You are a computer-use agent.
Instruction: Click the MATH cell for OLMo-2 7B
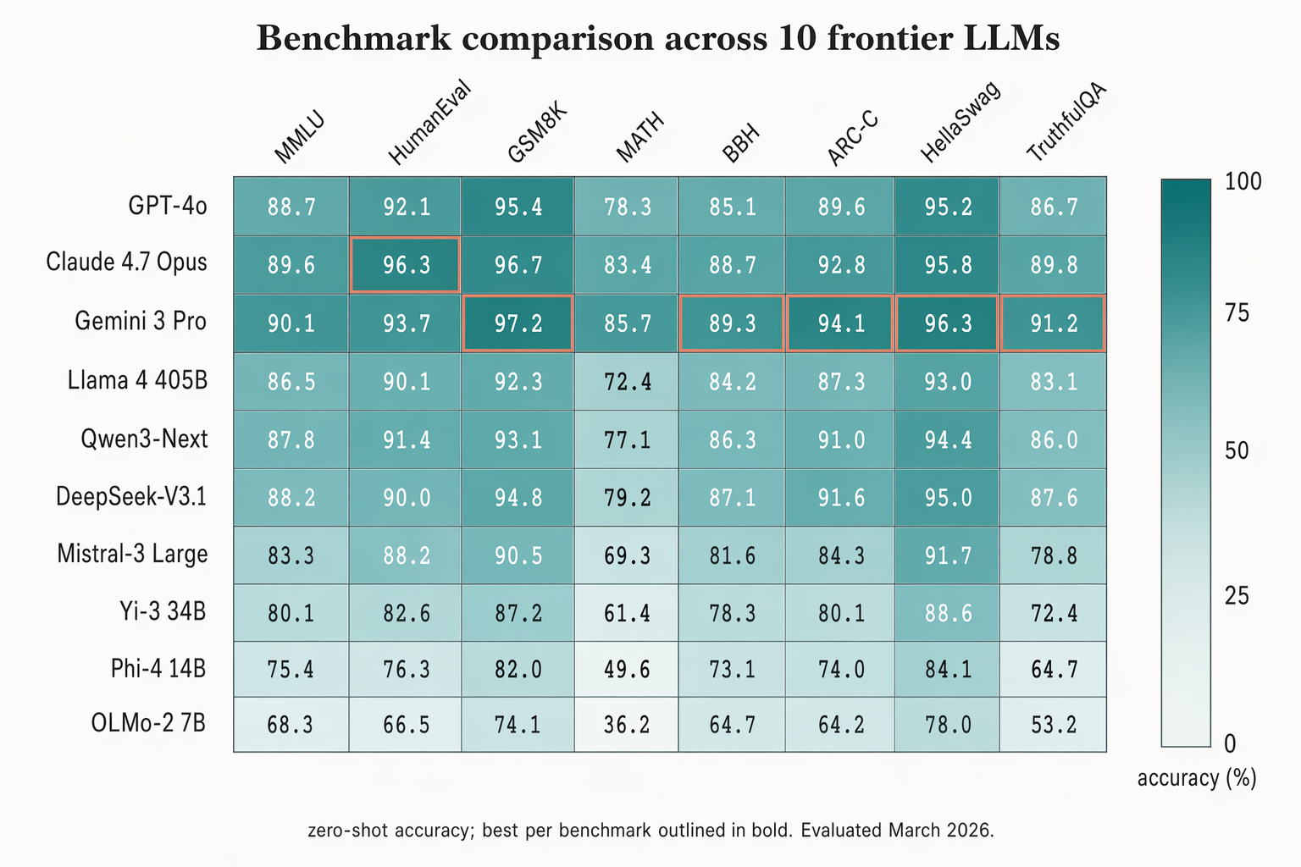coord(627,725)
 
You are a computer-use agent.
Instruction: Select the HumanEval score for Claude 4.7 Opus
coord(406,266)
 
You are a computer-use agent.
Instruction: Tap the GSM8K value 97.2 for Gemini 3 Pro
coord(518,323)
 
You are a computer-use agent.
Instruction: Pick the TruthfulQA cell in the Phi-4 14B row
coord(1053,670)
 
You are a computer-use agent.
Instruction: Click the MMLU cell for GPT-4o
coord(291,207)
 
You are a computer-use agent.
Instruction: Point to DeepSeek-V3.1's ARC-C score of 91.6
coord(841,498)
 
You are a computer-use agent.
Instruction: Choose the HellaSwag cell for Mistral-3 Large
coord(947,556)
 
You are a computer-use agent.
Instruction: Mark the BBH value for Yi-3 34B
coord(732,613)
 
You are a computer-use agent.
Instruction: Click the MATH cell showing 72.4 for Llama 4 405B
coord(627,382)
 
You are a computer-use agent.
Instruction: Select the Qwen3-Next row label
coord(144,439)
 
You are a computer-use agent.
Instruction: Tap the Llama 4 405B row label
coord(137,381)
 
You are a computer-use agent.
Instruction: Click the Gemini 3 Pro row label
coord(141,322)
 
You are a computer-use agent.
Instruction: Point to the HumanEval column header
coord(428,124)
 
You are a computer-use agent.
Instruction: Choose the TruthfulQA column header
coord(1066,123)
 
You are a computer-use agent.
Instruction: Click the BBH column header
coord(741,143)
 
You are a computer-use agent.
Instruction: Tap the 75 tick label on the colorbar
coord(1237,314)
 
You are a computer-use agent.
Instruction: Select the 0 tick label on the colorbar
coord(1230,743)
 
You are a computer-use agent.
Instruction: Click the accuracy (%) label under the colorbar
coord(1196,778)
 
